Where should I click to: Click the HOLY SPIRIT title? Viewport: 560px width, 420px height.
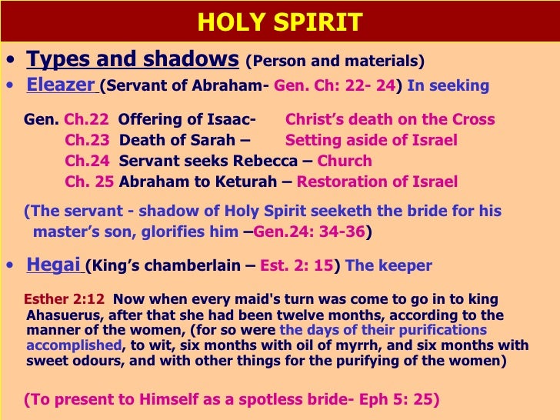click(280, 22)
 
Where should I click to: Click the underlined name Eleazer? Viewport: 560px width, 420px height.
click(61, 85)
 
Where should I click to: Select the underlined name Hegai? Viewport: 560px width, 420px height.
click(54, 265)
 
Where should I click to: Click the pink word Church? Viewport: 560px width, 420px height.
click(345, 162)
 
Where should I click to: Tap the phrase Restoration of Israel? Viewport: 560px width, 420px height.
click(377, 182)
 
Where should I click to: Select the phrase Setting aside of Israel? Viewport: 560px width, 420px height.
click(371, 141)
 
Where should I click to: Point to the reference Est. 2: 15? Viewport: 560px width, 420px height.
click(297, 266)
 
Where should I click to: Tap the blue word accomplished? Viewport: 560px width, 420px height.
click(74, 345)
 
